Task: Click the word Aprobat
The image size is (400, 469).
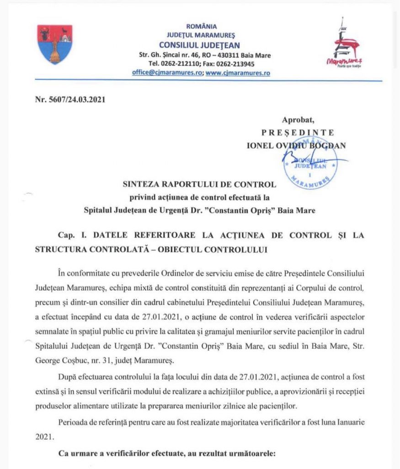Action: coord(298,120)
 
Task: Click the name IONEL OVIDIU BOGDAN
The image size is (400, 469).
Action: coord(296,145)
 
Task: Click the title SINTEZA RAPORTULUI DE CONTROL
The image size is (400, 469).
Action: coord(199,185)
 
